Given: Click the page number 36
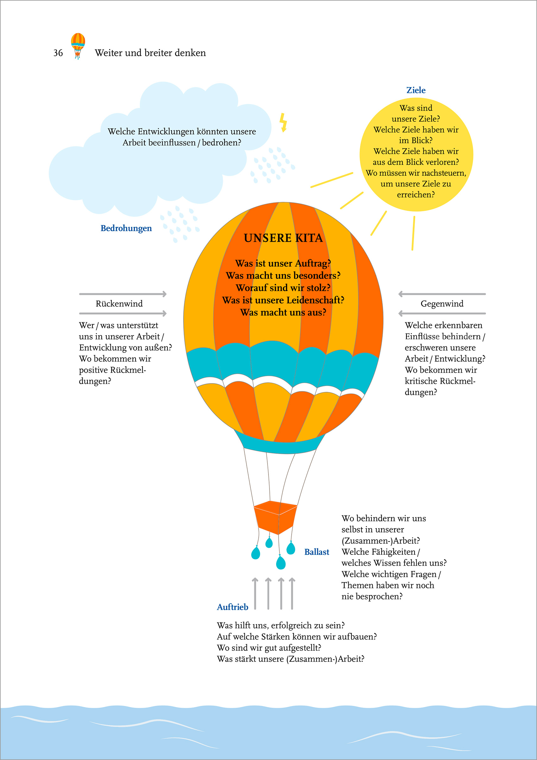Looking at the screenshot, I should (x=58, y=53).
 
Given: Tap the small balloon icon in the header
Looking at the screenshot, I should (x=78, y=46).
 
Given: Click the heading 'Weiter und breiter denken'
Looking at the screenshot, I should (x=150, y=53).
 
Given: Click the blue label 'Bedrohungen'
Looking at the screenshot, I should (x=126, y=228).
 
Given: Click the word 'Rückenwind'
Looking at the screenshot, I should (x=119, y=304).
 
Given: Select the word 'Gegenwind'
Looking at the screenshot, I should (x=442, y=304).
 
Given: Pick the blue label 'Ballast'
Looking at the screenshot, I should (x=317, y=552).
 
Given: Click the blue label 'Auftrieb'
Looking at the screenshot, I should (x=232, y=607).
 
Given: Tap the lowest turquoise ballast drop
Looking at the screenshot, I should (x=281, y=562).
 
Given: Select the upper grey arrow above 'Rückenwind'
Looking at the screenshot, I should (x=123, y=294).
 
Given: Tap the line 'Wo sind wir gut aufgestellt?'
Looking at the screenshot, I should (x=269, y=648).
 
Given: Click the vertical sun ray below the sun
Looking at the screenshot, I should (x=413, y=233).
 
